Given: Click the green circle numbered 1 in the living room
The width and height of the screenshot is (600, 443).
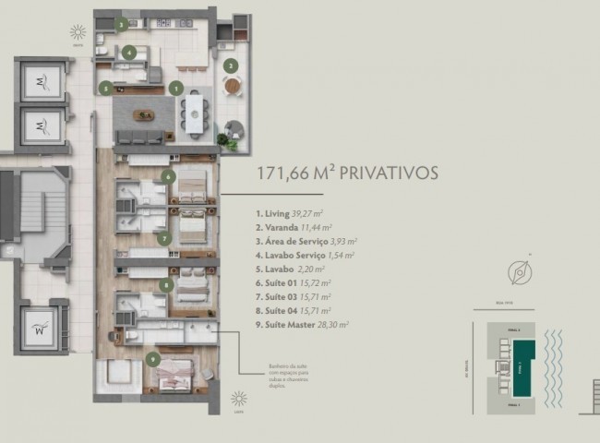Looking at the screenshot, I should [x=175, y=88].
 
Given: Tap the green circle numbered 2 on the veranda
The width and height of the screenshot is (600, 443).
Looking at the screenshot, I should [x=232, y=66].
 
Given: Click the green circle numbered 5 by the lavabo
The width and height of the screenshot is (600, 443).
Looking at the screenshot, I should [x=106, y=89].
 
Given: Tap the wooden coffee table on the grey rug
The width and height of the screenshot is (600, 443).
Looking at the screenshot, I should [x=144, y=115].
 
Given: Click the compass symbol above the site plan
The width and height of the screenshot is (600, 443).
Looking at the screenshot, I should [x=519, y=271].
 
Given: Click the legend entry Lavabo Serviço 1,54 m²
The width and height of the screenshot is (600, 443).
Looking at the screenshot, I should [x=306, y=254].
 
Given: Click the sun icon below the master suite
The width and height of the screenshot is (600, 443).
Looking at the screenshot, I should [x=239, y=399].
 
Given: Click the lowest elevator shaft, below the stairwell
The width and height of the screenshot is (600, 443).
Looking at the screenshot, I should [x=42, y=326].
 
